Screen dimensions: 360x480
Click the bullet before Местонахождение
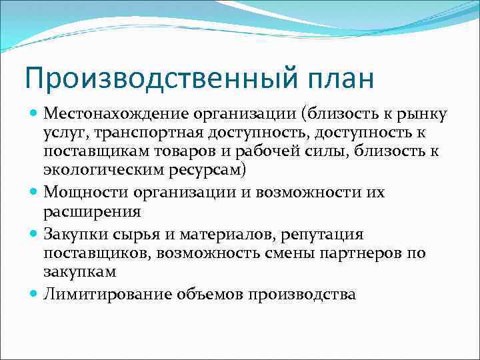point(35,115)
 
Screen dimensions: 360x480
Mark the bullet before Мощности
point(35,192)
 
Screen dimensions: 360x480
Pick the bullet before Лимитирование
point(35,293)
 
